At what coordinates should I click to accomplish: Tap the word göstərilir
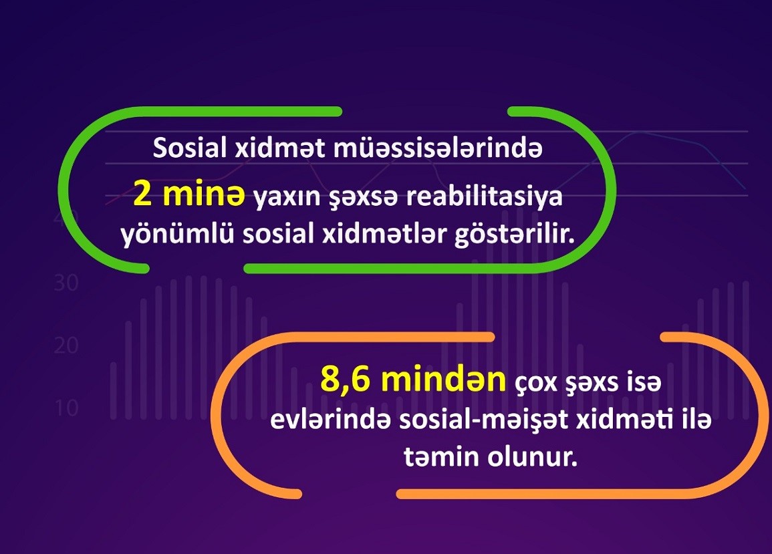514,235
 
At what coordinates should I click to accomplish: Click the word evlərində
331,420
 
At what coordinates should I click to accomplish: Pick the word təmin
442,458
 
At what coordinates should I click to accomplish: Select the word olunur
532,458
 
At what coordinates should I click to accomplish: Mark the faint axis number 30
66,283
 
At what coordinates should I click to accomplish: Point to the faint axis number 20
66,345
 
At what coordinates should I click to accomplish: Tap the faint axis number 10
66,408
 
